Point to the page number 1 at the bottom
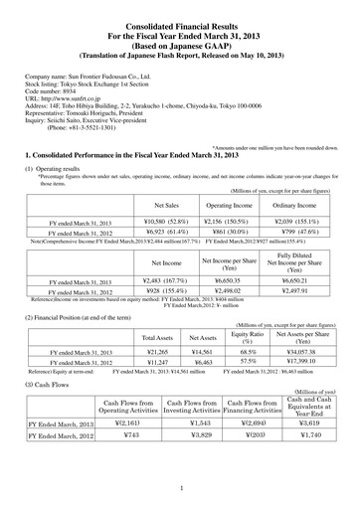180,488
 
